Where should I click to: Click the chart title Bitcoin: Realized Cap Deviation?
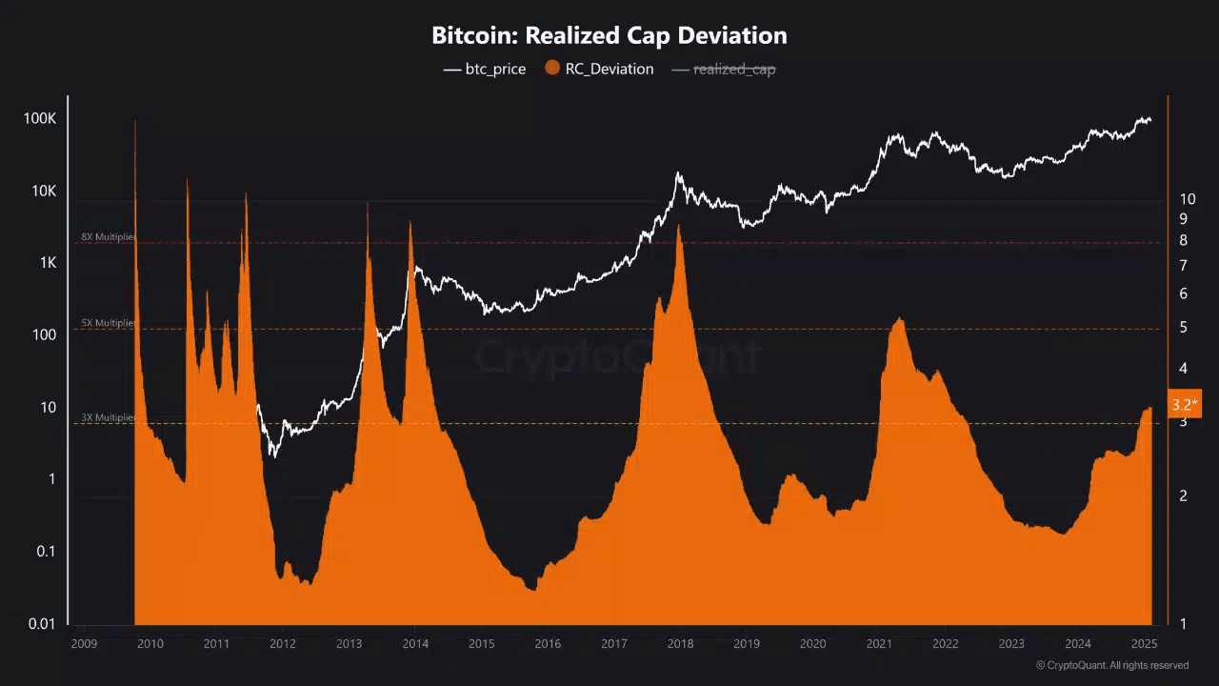[x=609, y=36]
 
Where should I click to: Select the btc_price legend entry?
[x=485, y=69]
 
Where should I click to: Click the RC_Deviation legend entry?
[x=599, y=69]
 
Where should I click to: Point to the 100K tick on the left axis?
[x=41, y=119]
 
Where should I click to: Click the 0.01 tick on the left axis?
[x=41, y=624]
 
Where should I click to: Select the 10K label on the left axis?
[x=44, y=192]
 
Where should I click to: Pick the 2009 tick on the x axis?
[x=84, y=644]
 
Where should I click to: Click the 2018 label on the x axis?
[x=680, y=644]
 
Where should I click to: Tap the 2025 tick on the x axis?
[x=1144, y=644]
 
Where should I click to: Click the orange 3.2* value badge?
[x=1185, y=404]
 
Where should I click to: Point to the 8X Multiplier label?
[x=108, y=237]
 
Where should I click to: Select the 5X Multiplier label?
[x=108, y=323]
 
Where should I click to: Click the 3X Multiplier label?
[x=108, y=417]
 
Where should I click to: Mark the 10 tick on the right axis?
[x=1188, y=199]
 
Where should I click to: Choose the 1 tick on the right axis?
[x=1184, y=624]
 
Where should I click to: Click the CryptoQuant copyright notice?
[x=1112, y=665]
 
